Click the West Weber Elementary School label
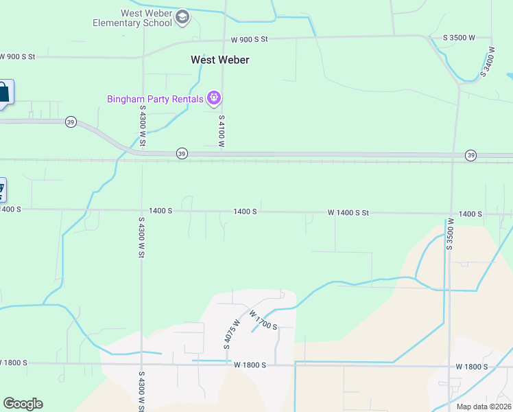[133, 18]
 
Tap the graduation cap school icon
[182, 17]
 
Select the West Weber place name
[219, 60]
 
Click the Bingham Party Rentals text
[155, 99]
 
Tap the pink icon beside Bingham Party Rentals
[214, 99]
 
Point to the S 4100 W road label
[222, 131]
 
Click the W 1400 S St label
[348, 213]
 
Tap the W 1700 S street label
[263, 319]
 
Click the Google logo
[23, 404]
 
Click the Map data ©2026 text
[484, 407]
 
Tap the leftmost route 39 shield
[71, 122]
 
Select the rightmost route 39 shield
[470, 155]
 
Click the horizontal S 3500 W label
[459, 38]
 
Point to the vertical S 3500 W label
[451, 234]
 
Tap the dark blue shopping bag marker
[3, 92]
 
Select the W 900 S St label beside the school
[249, 40]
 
